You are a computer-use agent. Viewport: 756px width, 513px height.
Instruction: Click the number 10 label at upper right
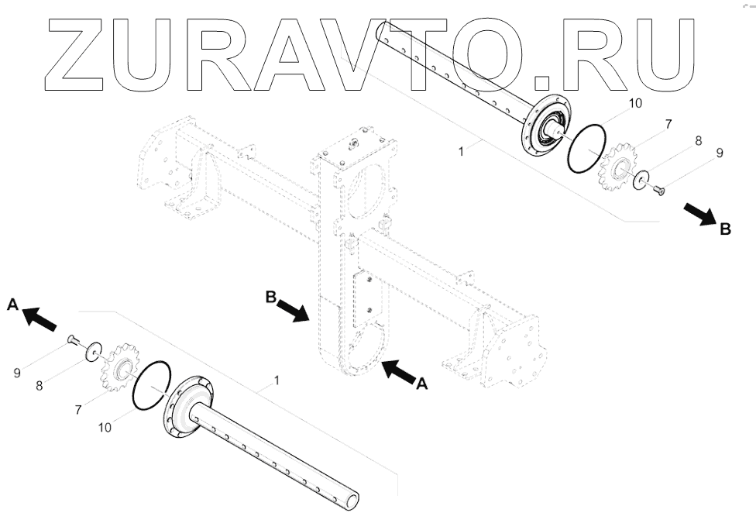coord(634,102)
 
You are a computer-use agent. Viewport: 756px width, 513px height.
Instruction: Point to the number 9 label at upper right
coord(719,153)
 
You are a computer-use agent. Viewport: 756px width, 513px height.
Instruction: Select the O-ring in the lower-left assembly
coord(152,384)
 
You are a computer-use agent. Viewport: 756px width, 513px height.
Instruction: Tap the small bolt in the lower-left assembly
coord(71,338)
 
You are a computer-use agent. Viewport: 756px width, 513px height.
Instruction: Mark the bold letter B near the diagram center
coord(272,295)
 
